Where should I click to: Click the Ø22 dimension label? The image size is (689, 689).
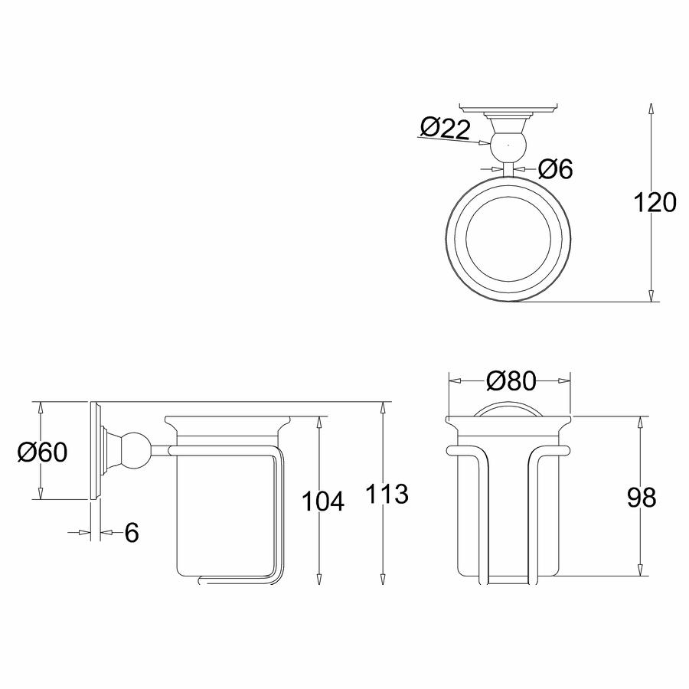(x=446, y=129)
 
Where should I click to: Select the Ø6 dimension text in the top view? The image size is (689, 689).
(x=556, y=168)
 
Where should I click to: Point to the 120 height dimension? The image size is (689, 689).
(x=655, y=203)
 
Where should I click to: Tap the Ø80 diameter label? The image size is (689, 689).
(x=511, y=380)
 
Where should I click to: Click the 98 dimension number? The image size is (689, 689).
(x=642, y=498)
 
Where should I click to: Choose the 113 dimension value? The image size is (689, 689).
(x=387, y=494)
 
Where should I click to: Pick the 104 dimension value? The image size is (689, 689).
(x=322, y=501)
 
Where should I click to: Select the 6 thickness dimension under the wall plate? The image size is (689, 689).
(x=132, y=533)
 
